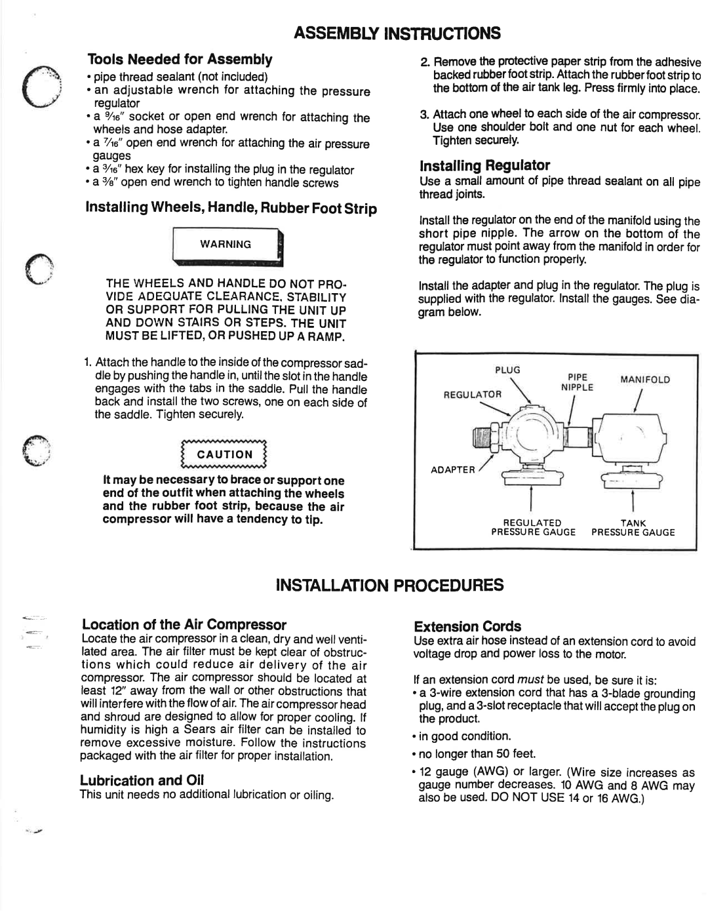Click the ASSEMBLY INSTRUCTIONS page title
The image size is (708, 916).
click(x=397, y=33)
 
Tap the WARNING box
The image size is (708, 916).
click(x=227, y=247)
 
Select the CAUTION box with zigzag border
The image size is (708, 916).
click(x=224, y=454)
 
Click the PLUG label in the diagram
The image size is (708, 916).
click(x=507, y=370)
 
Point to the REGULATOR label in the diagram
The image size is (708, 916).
click(x=473, y=395)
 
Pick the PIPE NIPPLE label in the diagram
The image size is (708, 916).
click(x=577, y=382)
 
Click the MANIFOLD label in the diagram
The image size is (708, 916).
click(x=645, y=380)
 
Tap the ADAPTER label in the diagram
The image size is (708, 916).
click(x=452, y=469)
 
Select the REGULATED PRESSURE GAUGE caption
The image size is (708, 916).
click(x=533, y=527)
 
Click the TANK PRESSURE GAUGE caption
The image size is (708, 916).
click(x=633, y=527)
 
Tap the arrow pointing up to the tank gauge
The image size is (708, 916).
click(x=633, y=500)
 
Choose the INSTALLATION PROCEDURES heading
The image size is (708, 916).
click(x=389, y=585)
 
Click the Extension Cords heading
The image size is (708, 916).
click(x=467, y=626)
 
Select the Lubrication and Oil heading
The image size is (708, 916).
click(x=142, y=780)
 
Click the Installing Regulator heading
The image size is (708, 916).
click(x=484, y=165)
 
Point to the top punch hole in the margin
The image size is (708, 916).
click(x=42, y=87)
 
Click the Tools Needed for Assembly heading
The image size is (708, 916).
click(x=180, y=59)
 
